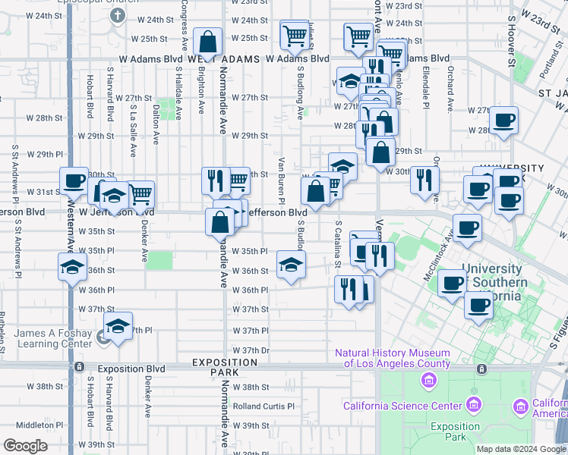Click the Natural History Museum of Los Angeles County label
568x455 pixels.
(393, 358)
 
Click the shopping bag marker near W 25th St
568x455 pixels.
(207, 42)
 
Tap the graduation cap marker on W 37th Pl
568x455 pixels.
(118, 326)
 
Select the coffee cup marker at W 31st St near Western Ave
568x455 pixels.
(74, 180)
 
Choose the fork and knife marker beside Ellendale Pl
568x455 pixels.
(424, 180)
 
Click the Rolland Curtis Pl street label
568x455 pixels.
(263, 406)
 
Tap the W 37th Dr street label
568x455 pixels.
(251, 350)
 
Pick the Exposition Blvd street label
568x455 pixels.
(131, 369)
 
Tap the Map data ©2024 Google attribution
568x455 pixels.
(521, 449)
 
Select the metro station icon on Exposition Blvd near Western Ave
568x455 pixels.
(80, 367)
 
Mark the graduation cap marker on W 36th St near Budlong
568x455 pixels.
(291, 264)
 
